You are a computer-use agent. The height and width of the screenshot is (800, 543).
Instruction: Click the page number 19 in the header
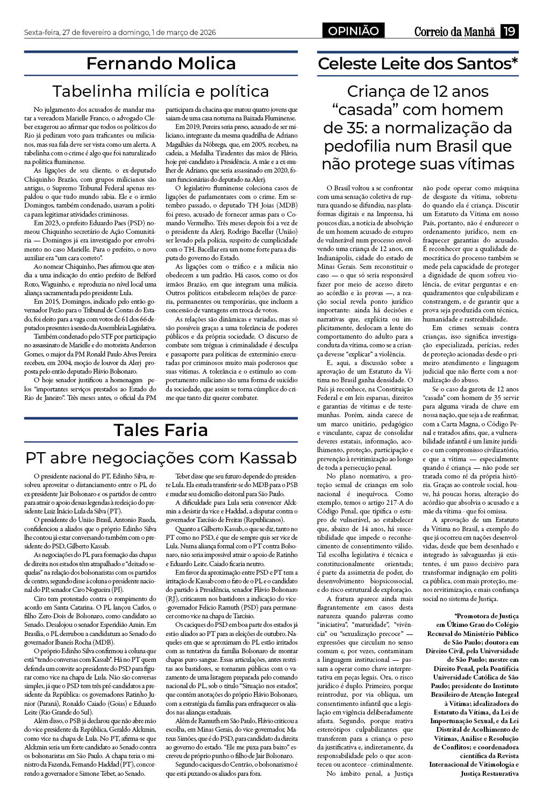(x=509, y=32)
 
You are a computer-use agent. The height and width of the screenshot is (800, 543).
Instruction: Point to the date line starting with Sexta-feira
(x=120, y=33)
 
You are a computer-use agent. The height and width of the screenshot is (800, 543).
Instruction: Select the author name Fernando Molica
(x=161, y=63)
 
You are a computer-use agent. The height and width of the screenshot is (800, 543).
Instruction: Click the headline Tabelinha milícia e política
(x=161, y=90)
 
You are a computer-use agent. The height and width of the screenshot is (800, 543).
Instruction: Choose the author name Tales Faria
(x=161, y=430)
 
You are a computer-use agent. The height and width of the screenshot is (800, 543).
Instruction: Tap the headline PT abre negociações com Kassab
(x=161, y=458)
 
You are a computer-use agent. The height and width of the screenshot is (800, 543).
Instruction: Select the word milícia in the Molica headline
(x=152, y=90)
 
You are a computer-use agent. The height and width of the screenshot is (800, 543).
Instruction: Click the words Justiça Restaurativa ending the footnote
(x=490, y=773)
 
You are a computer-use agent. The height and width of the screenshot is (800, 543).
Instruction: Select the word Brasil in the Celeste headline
(x=451, y=146)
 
